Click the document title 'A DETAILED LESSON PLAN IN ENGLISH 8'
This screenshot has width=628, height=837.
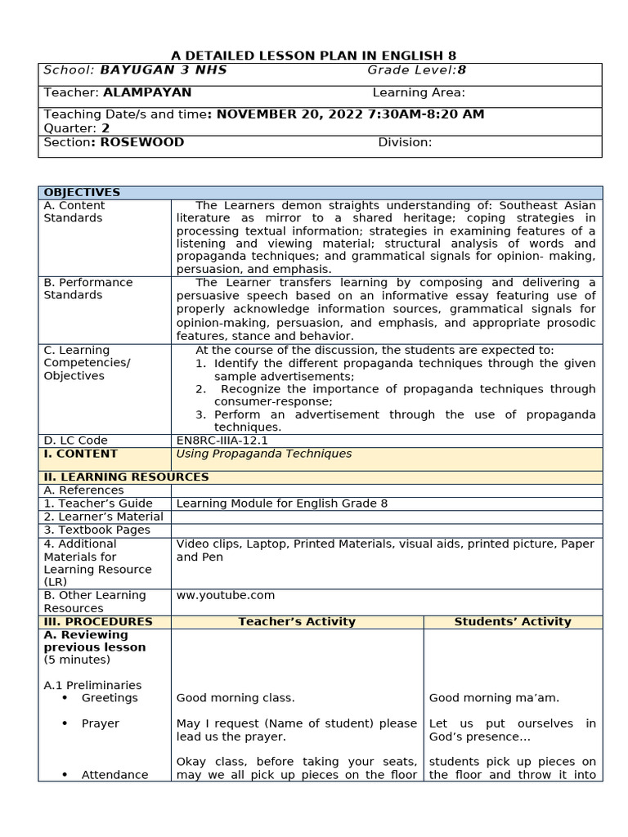coord(313,56)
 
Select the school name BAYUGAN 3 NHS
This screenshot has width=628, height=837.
coord(164,70)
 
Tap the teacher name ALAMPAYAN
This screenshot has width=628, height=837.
coord(147,92)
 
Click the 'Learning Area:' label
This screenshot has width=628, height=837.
coord(419,92)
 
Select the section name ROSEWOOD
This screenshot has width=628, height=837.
coord(142,142)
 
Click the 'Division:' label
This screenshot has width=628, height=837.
coord(405,142)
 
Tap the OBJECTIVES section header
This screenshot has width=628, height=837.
coord(82,192)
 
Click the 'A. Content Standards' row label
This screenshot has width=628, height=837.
coord(74,212)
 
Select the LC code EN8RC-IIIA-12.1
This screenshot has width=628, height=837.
coord(222,441)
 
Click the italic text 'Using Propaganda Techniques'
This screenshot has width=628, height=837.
coord(264,454)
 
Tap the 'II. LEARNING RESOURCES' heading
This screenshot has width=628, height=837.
coord(126,477)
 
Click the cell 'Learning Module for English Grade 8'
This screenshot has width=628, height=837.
coord(282,504)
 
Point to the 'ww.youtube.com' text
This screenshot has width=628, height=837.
coord(226,595)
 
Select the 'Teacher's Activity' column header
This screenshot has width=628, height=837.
coord(297,621)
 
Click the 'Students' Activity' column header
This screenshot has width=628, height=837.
coord(513,621)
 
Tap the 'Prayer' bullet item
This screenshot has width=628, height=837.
coord(100,723)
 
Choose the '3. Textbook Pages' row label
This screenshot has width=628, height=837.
coord(97,530)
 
